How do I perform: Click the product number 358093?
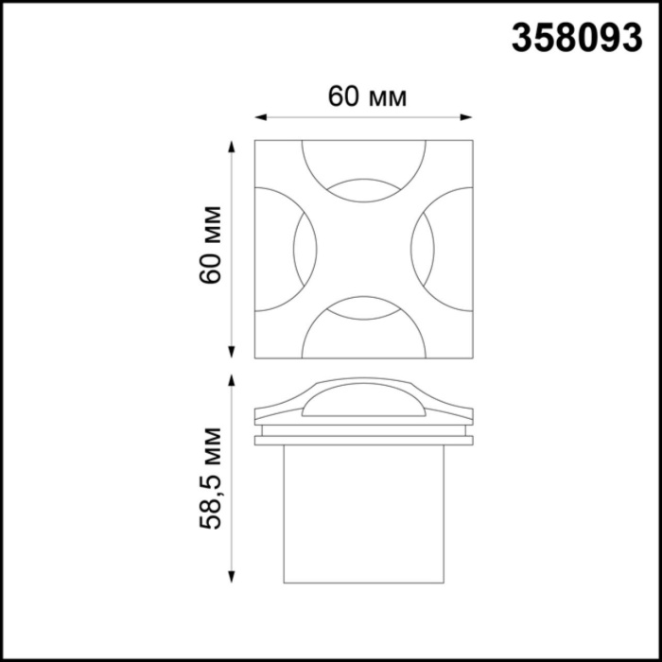coord(576,37)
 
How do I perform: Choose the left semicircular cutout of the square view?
coord(279,249)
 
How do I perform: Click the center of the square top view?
coord(364,249)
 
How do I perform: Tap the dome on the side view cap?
coord(364,401)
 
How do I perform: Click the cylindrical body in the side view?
coord(364,511)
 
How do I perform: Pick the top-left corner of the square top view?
coord(256,141)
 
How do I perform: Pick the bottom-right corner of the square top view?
coord(472,357)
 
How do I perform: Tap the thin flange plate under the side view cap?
coord(364,439)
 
